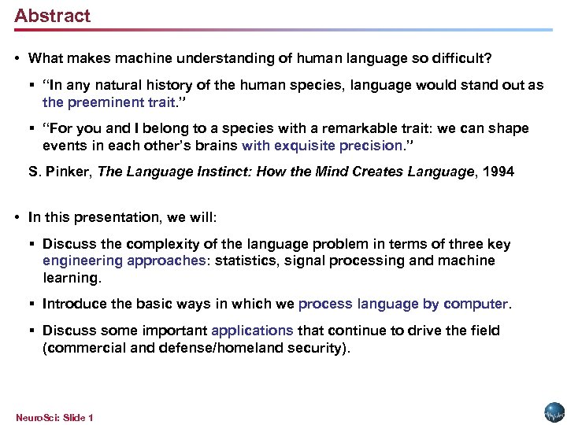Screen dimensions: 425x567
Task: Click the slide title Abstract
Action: pos(52,16)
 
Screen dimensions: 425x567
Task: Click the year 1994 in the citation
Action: pos(497,172)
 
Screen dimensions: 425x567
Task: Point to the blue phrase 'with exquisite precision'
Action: pos(322,146)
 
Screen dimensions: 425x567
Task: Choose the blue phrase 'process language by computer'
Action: pos(404,304)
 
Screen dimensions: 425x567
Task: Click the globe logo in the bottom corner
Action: pos(554,412)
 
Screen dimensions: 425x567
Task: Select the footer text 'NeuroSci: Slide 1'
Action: pos(54,417)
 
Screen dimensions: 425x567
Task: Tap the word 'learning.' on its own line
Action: pos(72,278)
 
